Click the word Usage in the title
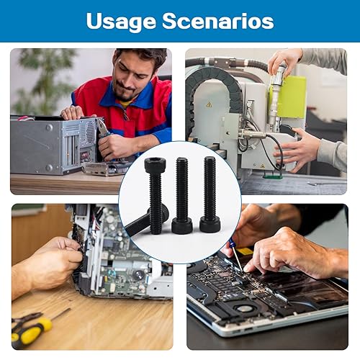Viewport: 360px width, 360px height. [x=121, y=22]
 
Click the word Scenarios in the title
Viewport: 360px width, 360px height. [x=218, y=21]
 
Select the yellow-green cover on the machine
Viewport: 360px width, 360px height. [x=292, y=96]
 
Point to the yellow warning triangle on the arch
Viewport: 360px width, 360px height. [x=210, y=104]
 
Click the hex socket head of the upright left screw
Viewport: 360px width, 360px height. [x=153, y=164]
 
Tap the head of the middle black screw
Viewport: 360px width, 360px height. [x=182, y=225]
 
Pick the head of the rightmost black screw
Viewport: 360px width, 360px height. [x=210, y=224]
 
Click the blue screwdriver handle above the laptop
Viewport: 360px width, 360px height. [x=232, y=243]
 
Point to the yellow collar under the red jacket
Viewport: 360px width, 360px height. [x=125, y=104]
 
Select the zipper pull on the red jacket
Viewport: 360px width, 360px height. [x=126, y=116]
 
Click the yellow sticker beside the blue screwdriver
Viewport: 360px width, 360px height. [x=245, y=251]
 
